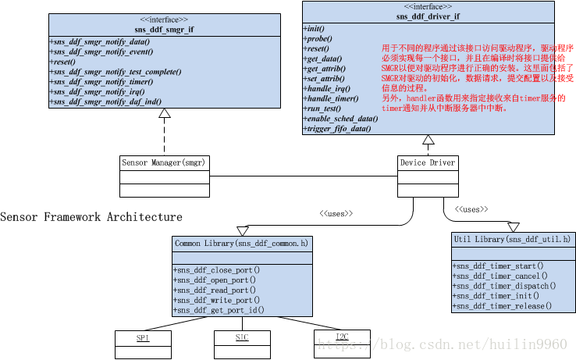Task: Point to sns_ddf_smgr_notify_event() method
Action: pyautogui.click(x=101, y=52)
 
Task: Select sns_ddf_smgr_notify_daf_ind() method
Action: pyautogui.click(x=107, y=102)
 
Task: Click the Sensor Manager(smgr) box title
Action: pyautogui.click(x=165, y=162)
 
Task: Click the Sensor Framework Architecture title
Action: pyautogui.click(x=91, y=216)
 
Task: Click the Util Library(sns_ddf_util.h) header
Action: pyautogui.click(x=512, y=239)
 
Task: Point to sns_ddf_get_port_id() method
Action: pyautogui.click(x=221, y=310)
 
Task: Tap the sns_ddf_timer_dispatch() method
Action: pyautogui.click(x=505, y=286)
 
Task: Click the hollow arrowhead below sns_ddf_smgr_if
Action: pyautogui.click(x=164, y=114)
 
